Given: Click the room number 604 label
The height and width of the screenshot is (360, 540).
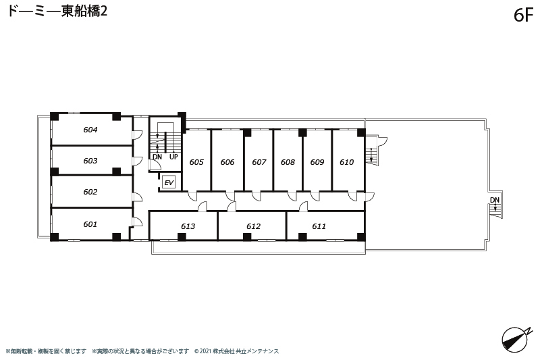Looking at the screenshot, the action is [90, 130].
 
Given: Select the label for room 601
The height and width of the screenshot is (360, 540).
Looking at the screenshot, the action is [90, 224].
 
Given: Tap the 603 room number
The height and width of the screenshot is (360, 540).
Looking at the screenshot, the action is [90, 161].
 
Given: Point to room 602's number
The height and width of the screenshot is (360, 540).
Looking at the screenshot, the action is [90, 192].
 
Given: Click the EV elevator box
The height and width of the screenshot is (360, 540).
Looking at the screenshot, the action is [169, 182].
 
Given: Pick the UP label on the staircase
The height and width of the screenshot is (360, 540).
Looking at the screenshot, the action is [173, 157].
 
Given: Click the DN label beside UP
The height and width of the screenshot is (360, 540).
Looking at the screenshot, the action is [157, 157].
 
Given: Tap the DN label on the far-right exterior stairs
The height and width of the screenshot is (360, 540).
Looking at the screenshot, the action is [495, 200].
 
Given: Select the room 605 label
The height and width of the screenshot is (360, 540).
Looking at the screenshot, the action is [196, 162].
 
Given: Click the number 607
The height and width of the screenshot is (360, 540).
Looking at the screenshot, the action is [259, 162].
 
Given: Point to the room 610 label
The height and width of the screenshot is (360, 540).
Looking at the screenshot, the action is [347, 162].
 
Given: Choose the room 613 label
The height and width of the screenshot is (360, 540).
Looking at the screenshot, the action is [188, 226].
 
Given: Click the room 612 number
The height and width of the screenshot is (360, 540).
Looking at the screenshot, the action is [254, 226].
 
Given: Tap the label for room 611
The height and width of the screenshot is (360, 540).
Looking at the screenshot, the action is [319, 226].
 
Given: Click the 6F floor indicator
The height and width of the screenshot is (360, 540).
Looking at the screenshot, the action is [524, 16].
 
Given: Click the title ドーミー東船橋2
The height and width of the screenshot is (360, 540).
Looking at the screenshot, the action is [57, 11].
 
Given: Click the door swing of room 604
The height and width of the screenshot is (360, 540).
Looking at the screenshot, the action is [138, 135].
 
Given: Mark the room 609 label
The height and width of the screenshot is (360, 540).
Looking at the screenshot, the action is [317, 162].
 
